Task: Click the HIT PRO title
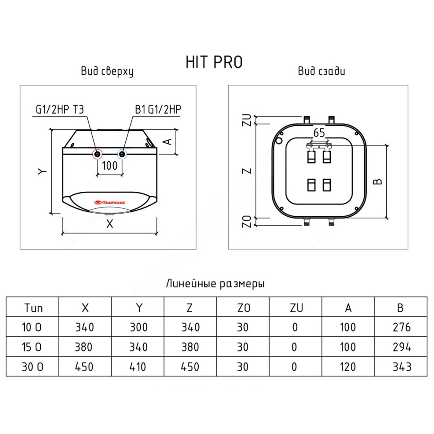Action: pyautogui.click(x=214, y=62)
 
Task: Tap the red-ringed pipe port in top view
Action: pyautogui.click(x=97, y=154)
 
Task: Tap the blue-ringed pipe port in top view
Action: pyautogui.click(x=122, y=154)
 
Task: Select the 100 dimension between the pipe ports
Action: pyautogui.click(x=110, y=165)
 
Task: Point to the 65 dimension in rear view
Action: pyautogui.click(x=319, y=133)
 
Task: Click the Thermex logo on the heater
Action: pyautogui.click(x=110, y=202)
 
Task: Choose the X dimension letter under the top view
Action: pyautogui.click(x=110, y=224)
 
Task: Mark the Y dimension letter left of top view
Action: pyautogui.click(x=42, y=171)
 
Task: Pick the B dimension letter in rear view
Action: pyautogui.click(x=378, y=181)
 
